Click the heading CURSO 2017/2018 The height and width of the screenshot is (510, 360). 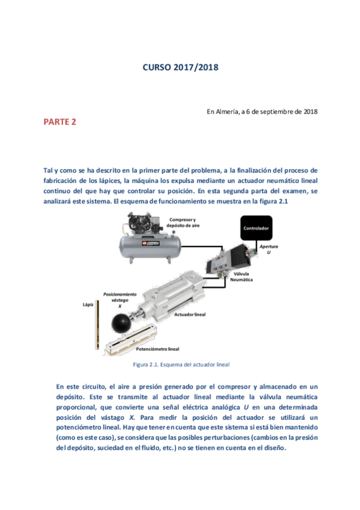point(180,68)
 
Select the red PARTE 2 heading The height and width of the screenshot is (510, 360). point(59,122)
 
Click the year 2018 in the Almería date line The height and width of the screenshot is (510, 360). point(311,111)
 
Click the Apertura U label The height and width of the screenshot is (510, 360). point(269,249)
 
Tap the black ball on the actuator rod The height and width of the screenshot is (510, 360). point(123,322)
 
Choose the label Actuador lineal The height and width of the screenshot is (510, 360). point(190,315)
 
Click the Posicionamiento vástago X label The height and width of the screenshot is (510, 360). point(120,300)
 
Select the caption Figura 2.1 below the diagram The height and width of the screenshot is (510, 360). point(181,364)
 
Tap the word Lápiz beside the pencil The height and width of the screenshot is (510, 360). point(88,304)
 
